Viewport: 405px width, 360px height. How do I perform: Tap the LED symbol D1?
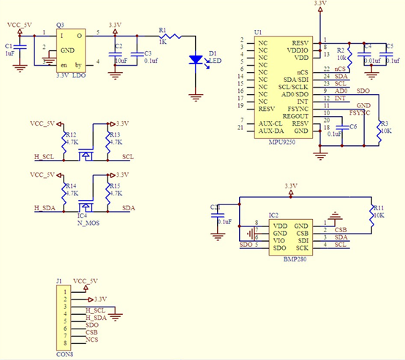[x=196, y=60]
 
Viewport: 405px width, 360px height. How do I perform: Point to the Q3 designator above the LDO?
[x=60, y=25]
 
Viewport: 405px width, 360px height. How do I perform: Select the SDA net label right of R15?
[x=129, y=209]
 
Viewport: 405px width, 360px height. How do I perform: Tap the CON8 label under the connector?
[x=64, y=356]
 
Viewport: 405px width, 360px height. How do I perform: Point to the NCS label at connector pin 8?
[x=91, y=341]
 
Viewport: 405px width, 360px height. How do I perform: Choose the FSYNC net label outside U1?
[x=360, y=114]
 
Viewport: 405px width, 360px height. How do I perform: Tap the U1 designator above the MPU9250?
[x=257, y=33]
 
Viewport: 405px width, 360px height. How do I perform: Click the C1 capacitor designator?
[x=8, y=46]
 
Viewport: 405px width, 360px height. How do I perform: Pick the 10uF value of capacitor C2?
[x=122, y=60]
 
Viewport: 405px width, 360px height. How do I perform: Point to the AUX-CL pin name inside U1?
[x=269, y=123]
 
